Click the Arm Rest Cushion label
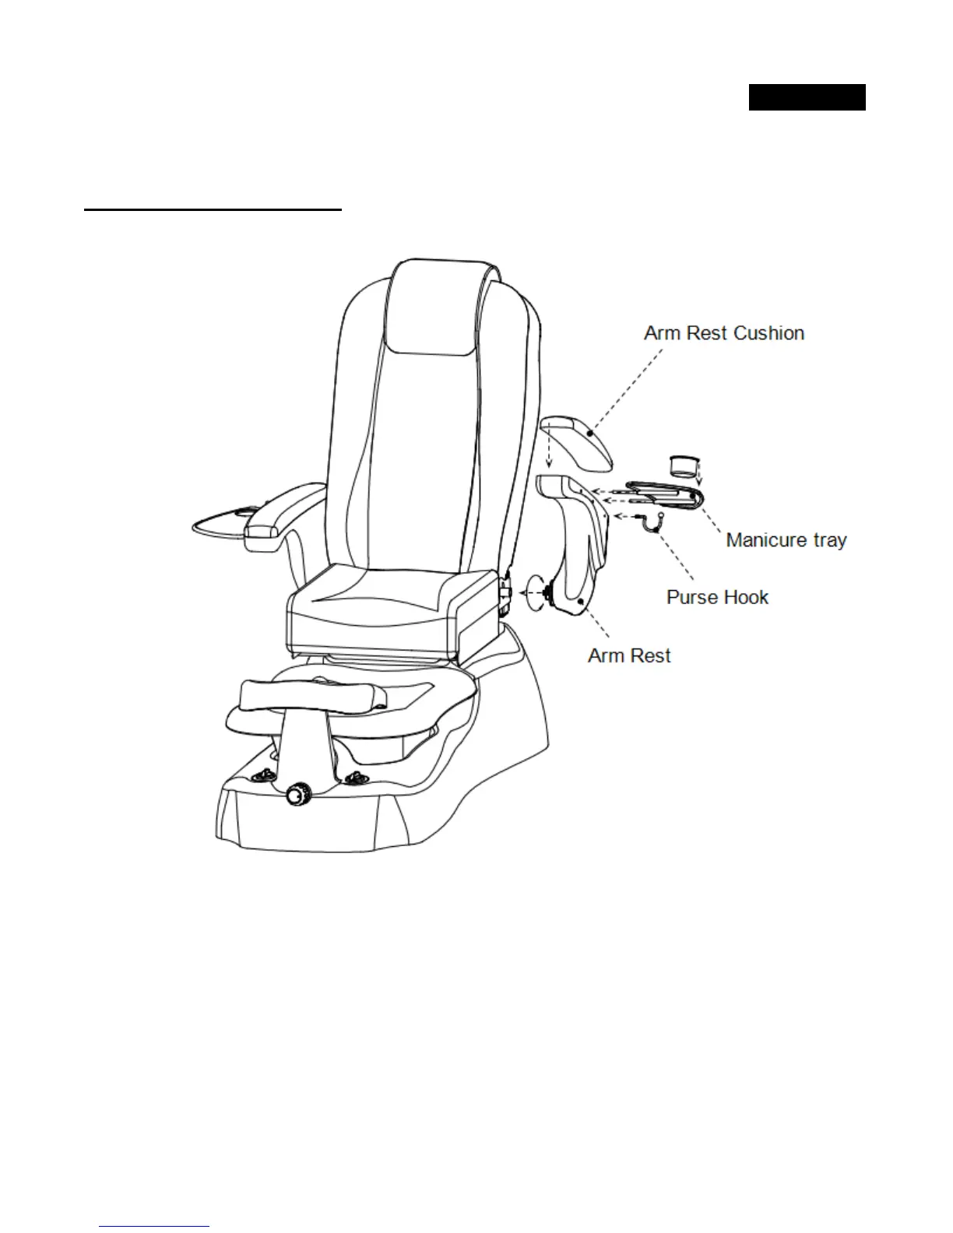pyautogui.click(x=724, y=333)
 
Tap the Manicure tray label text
pyautogui.click(x=786, y=540)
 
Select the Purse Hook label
pyautogui.click(x=717, y=598)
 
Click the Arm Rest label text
pyautogui.click(x=629, y=656)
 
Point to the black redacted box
pyautogui.click(x=807, y=97)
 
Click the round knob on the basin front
pyautogui.click(x=297, y=796)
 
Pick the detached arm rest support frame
pyautogui.click(x=580, y=545)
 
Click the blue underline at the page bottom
pyautogui.click(x=155, y=1226)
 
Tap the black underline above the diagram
pyautogui.click(x=213, y=209)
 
